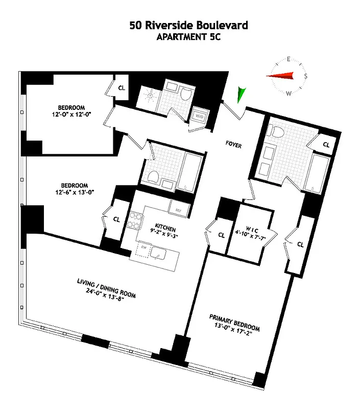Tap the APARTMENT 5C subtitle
pyautogui.click(x=180, y=37)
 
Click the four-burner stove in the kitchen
pyautogui.click(x=136, y=220)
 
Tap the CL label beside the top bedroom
pyautogui.click(x=122, y=87)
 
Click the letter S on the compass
pyautogui.click(x=306, y=76)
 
